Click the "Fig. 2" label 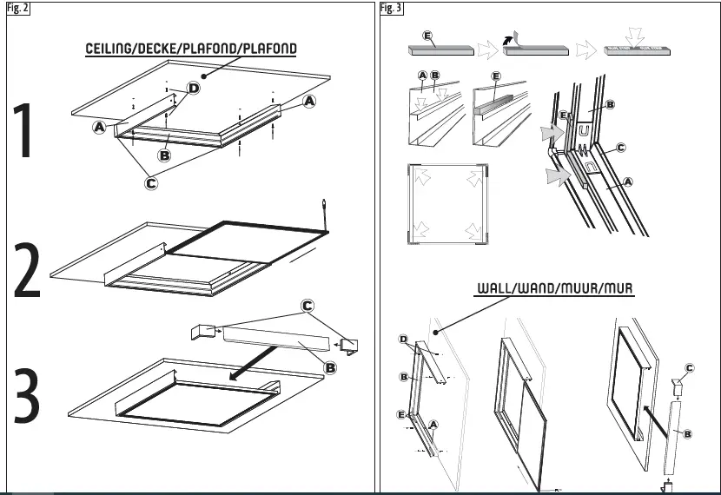pos(17,8)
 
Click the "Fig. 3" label pos(392,8)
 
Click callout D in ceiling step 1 pos(193,89)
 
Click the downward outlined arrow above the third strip pos(638,36)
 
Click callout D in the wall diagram pos(403,339)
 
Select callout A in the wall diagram pos(433,423)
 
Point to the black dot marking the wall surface pos(438,329)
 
